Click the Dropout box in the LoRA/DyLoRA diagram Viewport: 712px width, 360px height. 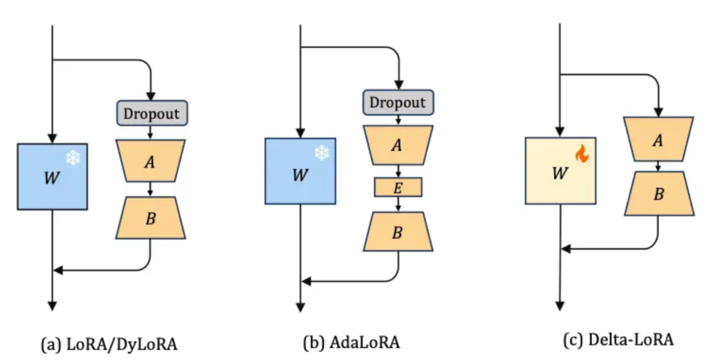(x=152, y=113)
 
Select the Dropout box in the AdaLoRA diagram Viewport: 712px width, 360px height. (x=398, y=102)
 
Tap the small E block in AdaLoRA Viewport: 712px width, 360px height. (x=398, y=188)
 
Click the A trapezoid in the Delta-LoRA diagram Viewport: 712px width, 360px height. (x=658, y=139)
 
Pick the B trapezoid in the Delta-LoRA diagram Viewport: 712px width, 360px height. (x=658, y=195)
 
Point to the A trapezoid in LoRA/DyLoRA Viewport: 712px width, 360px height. (x=150, y=162)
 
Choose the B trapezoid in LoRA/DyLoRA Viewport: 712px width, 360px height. (x=150, y=218)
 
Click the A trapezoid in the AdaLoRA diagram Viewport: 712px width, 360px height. (x=398, y=145)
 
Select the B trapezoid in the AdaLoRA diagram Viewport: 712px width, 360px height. (x=398, y=231)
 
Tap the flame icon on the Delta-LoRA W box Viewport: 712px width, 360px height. (x=581, y=154)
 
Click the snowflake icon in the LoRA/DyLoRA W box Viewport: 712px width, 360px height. (x=73, y=158)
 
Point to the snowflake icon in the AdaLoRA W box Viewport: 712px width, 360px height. (x=321, y=154)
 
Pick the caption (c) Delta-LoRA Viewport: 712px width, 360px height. (x=618, y=340)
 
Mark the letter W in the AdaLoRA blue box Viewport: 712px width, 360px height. (x=301, y=175)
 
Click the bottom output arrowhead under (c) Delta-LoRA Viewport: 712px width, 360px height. (x=560, y=305)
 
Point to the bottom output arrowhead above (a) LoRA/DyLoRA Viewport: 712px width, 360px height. (x=52, y=305)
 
